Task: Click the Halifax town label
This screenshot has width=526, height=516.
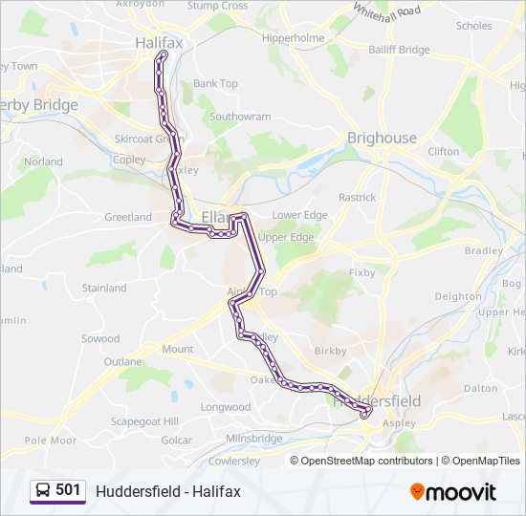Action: tap(159, 43)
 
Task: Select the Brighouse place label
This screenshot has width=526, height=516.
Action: tap(382, 138)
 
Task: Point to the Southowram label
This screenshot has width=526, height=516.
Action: tap(240, 117)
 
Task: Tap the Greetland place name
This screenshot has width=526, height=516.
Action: tap(127, 217)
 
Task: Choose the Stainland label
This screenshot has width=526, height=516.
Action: tap(104, 288)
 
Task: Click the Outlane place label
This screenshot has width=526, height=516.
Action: tap(122, 362)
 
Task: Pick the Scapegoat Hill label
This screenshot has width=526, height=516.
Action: tap(144, 421)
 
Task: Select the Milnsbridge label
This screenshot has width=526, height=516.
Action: tap(253, 439)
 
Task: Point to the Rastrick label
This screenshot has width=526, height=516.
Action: tap(357, 197)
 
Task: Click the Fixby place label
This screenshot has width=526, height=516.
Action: tap(362, 272)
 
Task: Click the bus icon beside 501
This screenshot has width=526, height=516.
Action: tap(43, 490)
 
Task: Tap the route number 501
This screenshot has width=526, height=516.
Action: tap(68, 490)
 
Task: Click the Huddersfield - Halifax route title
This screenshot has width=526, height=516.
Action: tap(168, 491)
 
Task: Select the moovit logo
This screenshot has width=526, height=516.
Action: tap(453, 491)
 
